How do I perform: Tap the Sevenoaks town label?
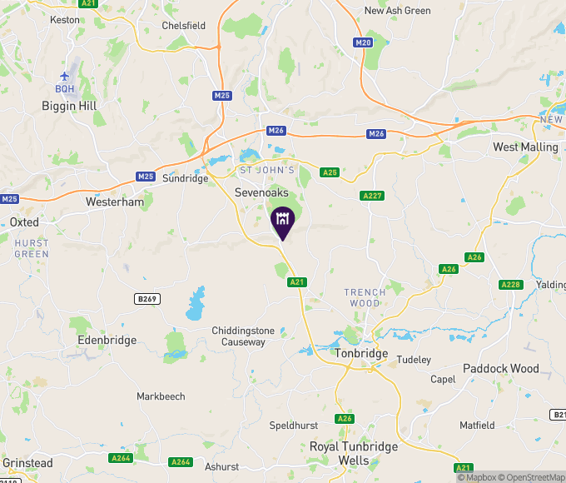click(x=262, y=191)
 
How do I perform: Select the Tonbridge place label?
click(x=361, y=353)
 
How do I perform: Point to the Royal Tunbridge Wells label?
click(x=353, y=453)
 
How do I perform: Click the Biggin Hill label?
click(x=70, y=106)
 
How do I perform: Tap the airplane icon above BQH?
click(x=65, y=76)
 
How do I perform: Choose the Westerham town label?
click(x=115, y=202)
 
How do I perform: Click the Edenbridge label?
click(x=106, y=340)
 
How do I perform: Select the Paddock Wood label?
click(x=501, y=368)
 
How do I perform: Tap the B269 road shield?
click(x=146, y=299)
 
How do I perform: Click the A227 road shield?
click(x=372, y=195)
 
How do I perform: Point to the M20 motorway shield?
click(x=362, y=42)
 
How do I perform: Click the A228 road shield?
click(x=510, y=285)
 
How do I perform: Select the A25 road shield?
click(x=330, y=172)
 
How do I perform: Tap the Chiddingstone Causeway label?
click(x=238, y=336)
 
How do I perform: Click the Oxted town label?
click(x=24, y=222)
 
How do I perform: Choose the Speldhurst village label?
click(x=293, y=425)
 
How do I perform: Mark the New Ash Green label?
click(x=398, y=11)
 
